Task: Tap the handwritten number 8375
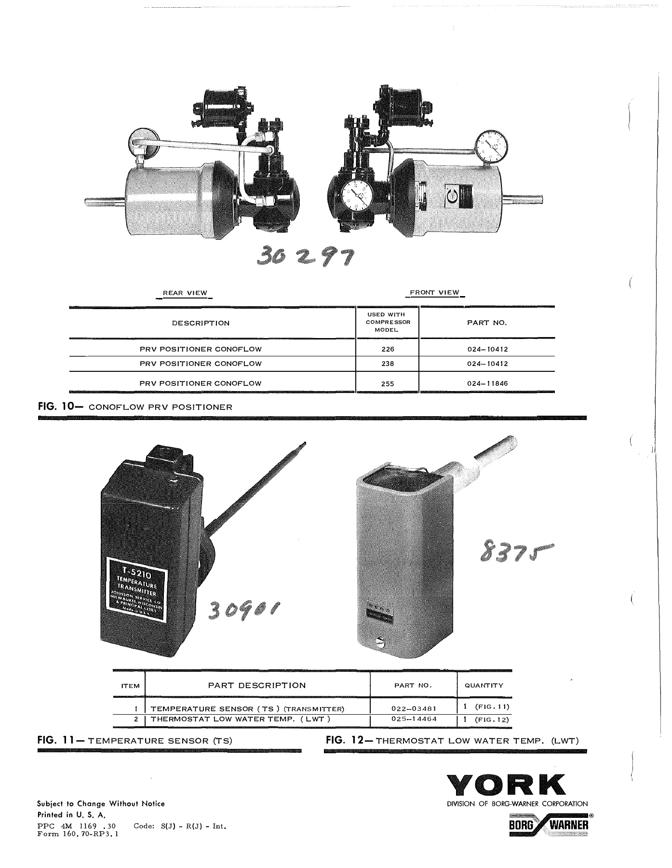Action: pyautogui.click(x=515, y=553)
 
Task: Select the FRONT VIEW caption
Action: pyautogui.click(x=434, y=293)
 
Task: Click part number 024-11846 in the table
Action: pyautogui.click(x=487, y=384)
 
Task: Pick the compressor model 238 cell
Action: pyautogui.click(x=387, y=364)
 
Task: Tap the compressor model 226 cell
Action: pyautogui.click(x=387, y=349)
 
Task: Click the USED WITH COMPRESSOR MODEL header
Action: pyautogui.click(x=387, y=322)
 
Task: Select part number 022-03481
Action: pyautogui.click(x=413, y=708)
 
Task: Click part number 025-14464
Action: pyautogui.click(x=413, y=719)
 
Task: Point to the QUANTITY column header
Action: pyautogui.click(x=484, y=685)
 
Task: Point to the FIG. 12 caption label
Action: pyautogui.click(x=347, y=740)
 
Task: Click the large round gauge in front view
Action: pyautogui.click(x=356, y=196)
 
